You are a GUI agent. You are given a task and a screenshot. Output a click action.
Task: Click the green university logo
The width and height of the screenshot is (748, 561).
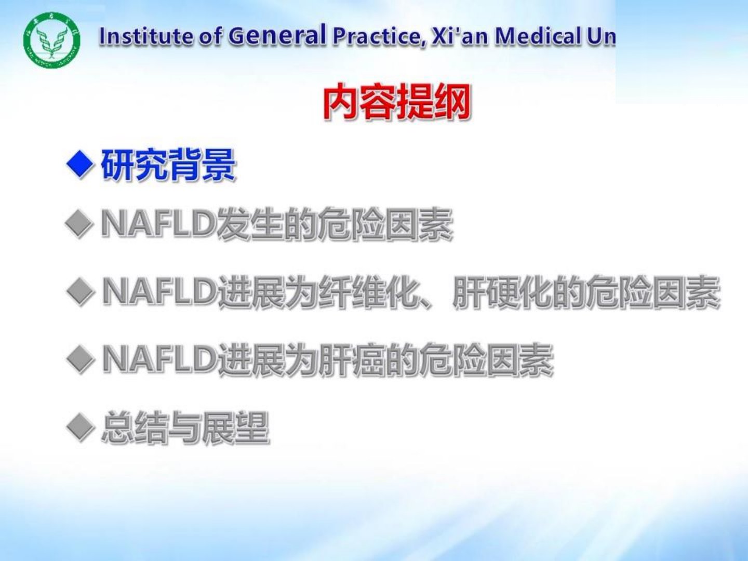click(x=52, y=41)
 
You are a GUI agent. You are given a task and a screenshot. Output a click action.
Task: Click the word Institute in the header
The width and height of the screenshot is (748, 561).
click(x=145, y=36)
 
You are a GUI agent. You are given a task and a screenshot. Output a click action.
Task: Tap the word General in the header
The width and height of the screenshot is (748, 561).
click(x=277, y=35)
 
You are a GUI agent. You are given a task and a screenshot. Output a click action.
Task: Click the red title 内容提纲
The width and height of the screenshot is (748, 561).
click(x=397, y=102)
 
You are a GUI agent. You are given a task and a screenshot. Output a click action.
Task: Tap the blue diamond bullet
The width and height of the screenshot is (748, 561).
click(x=80, y=165)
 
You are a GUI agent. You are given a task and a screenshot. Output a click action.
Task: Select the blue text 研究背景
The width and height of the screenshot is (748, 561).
click(x=168, y=165)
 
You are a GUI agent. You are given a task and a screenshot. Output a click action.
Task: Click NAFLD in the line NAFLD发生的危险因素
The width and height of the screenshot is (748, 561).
click(x=159, y=223)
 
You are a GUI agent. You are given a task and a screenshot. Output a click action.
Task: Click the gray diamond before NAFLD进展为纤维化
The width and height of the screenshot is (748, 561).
click(x=80, y=292)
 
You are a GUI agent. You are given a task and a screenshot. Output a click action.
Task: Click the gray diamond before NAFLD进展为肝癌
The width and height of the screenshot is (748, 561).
click(x=80, y=359)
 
